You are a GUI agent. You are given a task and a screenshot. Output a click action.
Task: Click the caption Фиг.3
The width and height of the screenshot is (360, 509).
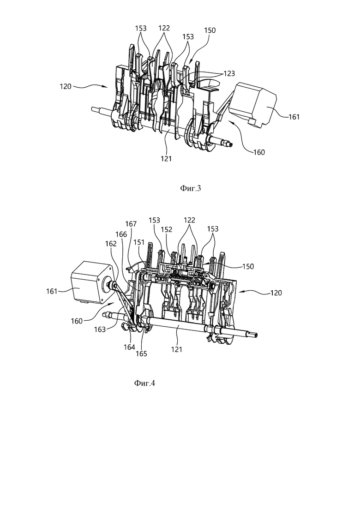[x=191, y=188]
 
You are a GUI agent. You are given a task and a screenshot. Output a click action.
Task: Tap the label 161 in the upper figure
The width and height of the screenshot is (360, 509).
[x=294, y=117]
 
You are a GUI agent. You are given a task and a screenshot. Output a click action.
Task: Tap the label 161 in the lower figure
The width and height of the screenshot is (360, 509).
[x=52, y=291]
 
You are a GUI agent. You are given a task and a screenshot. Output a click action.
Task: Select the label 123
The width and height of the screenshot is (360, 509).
[x=229, y=74]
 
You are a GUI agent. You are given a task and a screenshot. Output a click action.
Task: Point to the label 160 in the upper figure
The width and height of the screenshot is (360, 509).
[x=259, y=152]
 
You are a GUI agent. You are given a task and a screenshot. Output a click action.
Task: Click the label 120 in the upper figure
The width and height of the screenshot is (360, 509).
[x=66, y=87]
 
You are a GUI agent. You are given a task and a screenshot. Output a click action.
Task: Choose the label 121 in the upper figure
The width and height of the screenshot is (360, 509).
[x=166, y=158]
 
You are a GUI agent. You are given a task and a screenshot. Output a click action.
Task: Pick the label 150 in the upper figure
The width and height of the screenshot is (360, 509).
[x=210, y=30]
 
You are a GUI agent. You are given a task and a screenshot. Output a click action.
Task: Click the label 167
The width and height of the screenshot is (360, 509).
[x=132, y=224]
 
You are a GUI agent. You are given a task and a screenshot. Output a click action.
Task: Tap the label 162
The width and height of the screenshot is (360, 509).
[x=111, y=243]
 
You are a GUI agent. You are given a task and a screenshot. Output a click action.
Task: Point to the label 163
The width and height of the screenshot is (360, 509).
[x=100, y=329]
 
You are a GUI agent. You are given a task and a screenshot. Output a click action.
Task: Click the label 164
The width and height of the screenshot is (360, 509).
[x=129, y=347]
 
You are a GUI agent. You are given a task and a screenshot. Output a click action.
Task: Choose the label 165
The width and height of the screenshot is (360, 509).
[x=142, y=353]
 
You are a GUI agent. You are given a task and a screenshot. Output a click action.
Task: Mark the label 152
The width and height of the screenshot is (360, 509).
[x=166, y=229]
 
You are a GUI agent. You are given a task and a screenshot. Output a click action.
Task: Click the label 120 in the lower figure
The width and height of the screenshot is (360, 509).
[x=276, y=293]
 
